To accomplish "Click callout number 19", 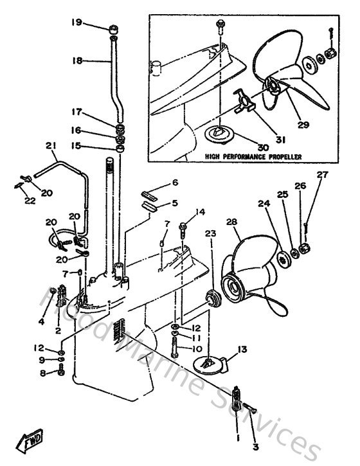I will click(x=77, y=22).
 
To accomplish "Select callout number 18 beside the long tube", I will click(x=77, y=61).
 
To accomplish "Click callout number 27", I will click(x=321, y=174).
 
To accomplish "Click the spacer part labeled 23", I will click(x=210, y=299).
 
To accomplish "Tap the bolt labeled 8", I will click(x=62, y=372).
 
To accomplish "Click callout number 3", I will click(x=255, y=446).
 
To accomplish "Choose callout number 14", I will click(x=201, y=211).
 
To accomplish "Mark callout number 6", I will click(x=174, y=183).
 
